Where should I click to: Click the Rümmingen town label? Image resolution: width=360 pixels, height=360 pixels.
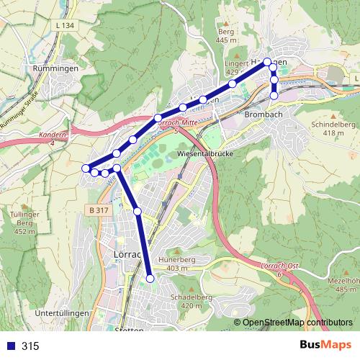[x=50, y=68]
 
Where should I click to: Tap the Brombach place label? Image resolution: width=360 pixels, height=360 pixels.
[x=263, y=114]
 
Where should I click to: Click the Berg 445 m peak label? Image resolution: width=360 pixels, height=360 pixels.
[x=226, y=36]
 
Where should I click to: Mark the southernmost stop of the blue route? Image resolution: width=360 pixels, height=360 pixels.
[x=150, y=278]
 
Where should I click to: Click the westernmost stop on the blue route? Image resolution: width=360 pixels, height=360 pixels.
[x=86, y=168]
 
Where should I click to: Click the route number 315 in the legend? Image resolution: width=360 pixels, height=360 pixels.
[x=30, y=346]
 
